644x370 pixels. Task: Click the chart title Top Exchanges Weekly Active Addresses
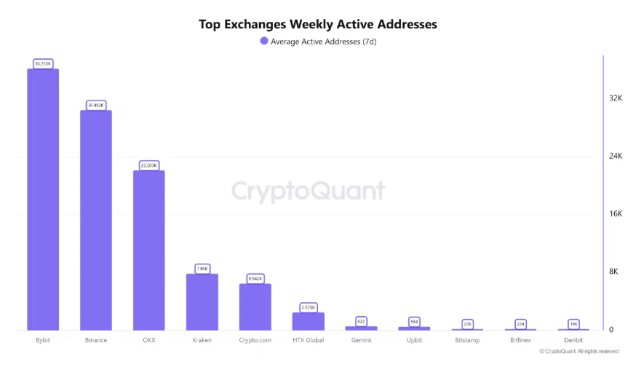pyautogui.click(x=318, y=24)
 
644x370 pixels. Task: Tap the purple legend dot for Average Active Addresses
pyautogui.click(x=264, y=42)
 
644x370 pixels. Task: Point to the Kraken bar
pyautogui.click(x=202, y=302)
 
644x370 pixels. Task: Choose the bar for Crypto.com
pyautogui.click(x=255, y=307)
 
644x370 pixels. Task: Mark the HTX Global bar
pyautogui.click(x=308, y=321)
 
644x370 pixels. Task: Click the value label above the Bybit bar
pyautogui.click(x=43, y=63)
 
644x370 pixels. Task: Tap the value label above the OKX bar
pyautogui.click(x=148, y=165)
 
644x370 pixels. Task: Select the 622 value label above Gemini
pyautogui.click(x=361, y=320)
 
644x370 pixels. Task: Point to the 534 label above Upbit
pyautogui.click(x=414, y=321)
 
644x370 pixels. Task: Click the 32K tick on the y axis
pyautogui.click(x=616, y=98)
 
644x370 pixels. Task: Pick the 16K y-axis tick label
pyautogui.click(x=616, y=214)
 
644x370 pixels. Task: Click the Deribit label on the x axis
pyautogui.click(x=573, y=340)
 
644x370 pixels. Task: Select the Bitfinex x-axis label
pyautogui.click(x=520, y=340)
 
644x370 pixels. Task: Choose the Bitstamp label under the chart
pyautogui.click(x=467, y=340)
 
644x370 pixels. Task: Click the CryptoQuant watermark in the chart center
pyautogui.click(x=308, y=191)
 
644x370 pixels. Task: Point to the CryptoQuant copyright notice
pyautogui.click(x=579, y=351)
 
